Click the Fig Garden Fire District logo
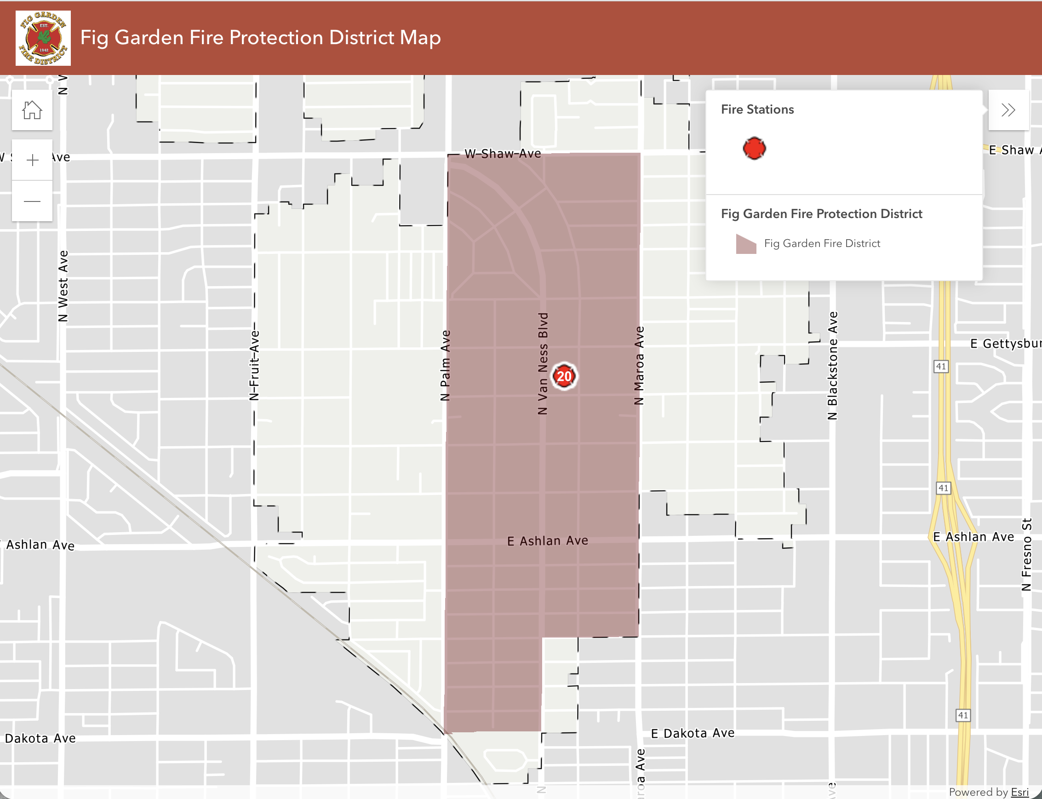coord(43,38)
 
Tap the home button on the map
coord(32,110)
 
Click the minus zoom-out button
coord(32,201)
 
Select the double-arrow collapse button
coord(1008,110)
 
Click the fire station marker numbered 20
coord(564,376)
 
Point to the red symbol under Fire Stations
coord(755,149)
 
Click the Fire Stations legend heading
coord(757,109)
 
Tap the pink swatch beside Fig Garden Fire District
coord(746,244)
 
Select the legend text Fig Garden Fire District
coord(822,243)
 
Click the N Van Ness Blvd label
coord(543,364)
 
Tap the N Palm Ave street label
coord(446,366)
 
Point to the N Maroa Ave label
coord(639,366)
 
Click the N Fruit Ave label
coord(255,365)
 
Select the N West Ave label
coord(63,286)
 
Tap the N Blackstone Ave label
coord(832,366)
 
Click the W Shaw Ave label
coord(503,154)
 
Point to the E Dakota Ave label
coord(693,733)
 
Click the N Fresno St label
coord(1027,555)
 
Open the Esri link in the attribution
coord(1019,792)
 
